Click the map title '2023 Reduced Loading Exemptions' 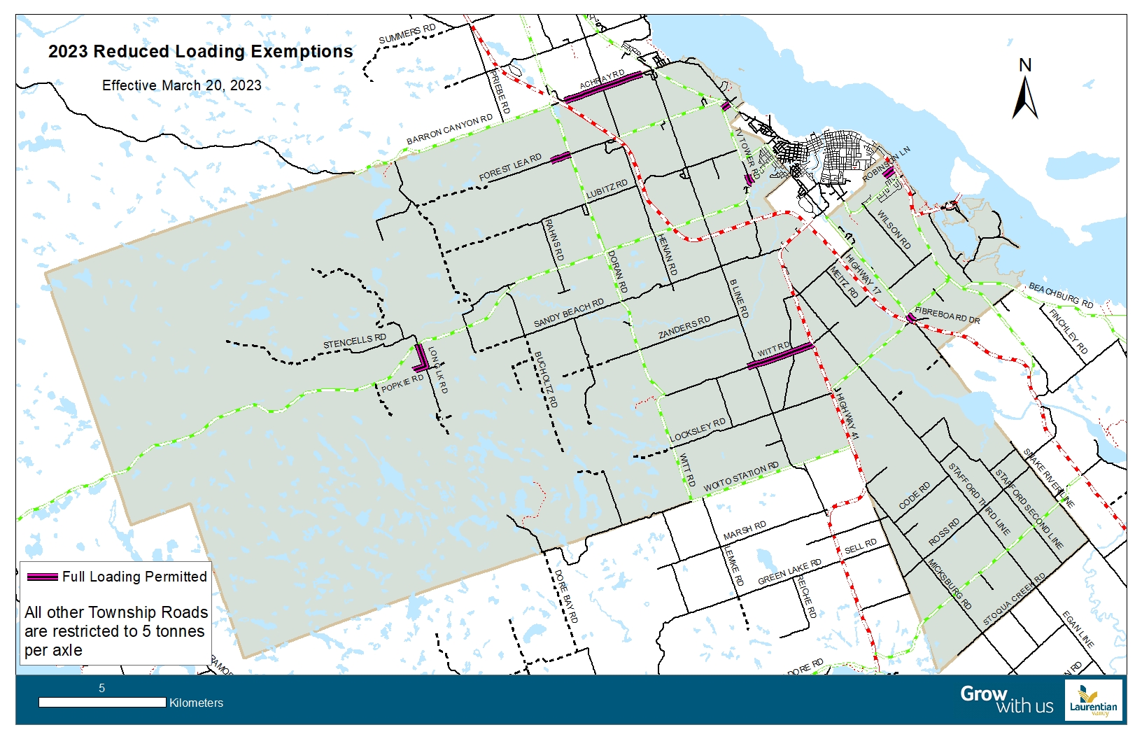pyautogui.click(x=200, y=52)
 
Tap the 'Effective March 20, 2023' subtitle pyautogui.click(x=181, y=85)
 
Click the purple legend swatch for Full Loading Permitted pyautogui.click(x=42, y=577)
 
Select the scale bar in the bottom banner pyautogui.click(x=102, y=702)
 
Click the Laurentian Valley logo pyautogui.click(x=1093, y=701)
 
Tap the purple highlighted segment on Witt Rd pyautogui.click(x=780, y=356)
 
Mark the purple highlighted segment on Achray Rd pyautogui.click(x=602, y=87)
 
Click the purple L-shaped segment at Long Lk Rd pyautogui.click(x=421, y=358)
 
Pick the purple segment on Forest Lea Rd pyautogui.click(x=561, y=157)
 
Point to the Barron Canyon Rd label pyautogui.click(x=449, y=129)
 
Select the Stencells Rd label pyautogui.click(x=354, y=342)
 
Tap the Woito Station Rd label pyautogui.click(x=740, y=477)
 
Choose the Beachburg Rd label pyautogui.click(x=1060, y=295)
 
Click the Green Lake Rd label pyautogui.click(x=789, y=572)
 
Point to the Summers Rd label pyautogui.click(x=407, y=34)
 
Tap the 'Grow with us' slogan pyautogui.click(x=1006, y=699)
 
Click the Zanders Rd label pyautogui.click(x=684, y=328)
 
